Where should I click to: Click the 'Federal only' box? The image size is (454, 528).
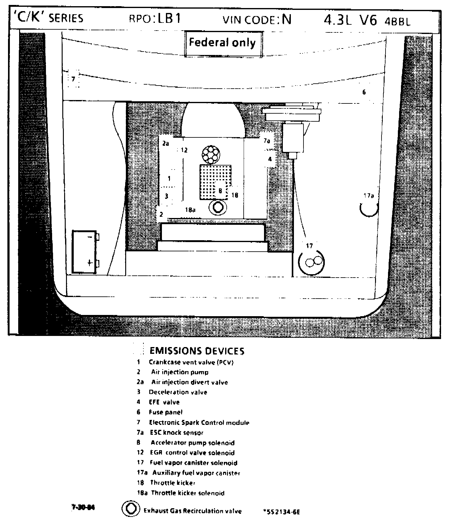[x=223, y=43]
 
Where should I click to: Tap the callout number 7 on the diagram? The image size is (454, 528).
[x=73, y=79]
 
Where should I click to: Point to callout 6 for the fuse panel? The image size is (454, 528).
[x=364, y=92]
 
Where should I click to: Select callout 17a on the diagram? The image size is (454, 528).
[x=369, y=195]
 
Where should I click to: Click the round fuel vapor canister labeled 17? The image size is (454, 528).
[x=312, y=262]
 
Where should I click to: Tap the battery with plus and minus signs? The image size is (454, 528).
[x=84, y=252]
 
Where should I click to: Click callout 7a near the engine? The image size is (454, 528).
[x=267, y=141]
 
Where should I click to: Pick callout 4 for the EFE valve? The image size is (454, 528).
[x=270, y=159]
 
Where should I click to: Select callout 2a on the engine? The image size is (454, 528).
[x=166, y=144]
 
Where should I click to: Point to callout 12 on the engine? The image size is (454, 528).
[x=184, y=150]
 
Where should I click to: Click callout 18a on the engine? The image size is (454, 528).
[x=190, y=210]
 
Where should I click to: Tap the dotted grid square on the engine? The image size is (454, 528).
[x=215, y=182]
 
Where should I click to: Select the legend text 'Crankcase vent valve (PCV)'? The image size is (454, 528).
[x=191, y=362]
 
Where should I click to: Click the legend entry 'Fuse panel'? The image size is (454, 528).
[x=166, y=412]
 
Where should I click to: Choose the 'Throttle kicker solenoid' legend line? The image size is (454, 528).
[x=188, y=493]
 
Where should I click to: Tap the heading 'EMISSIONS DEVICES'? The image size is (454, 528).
[x=197, y=351]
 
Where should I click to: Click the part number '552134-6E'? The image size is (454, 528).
[x=282, y=512]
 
